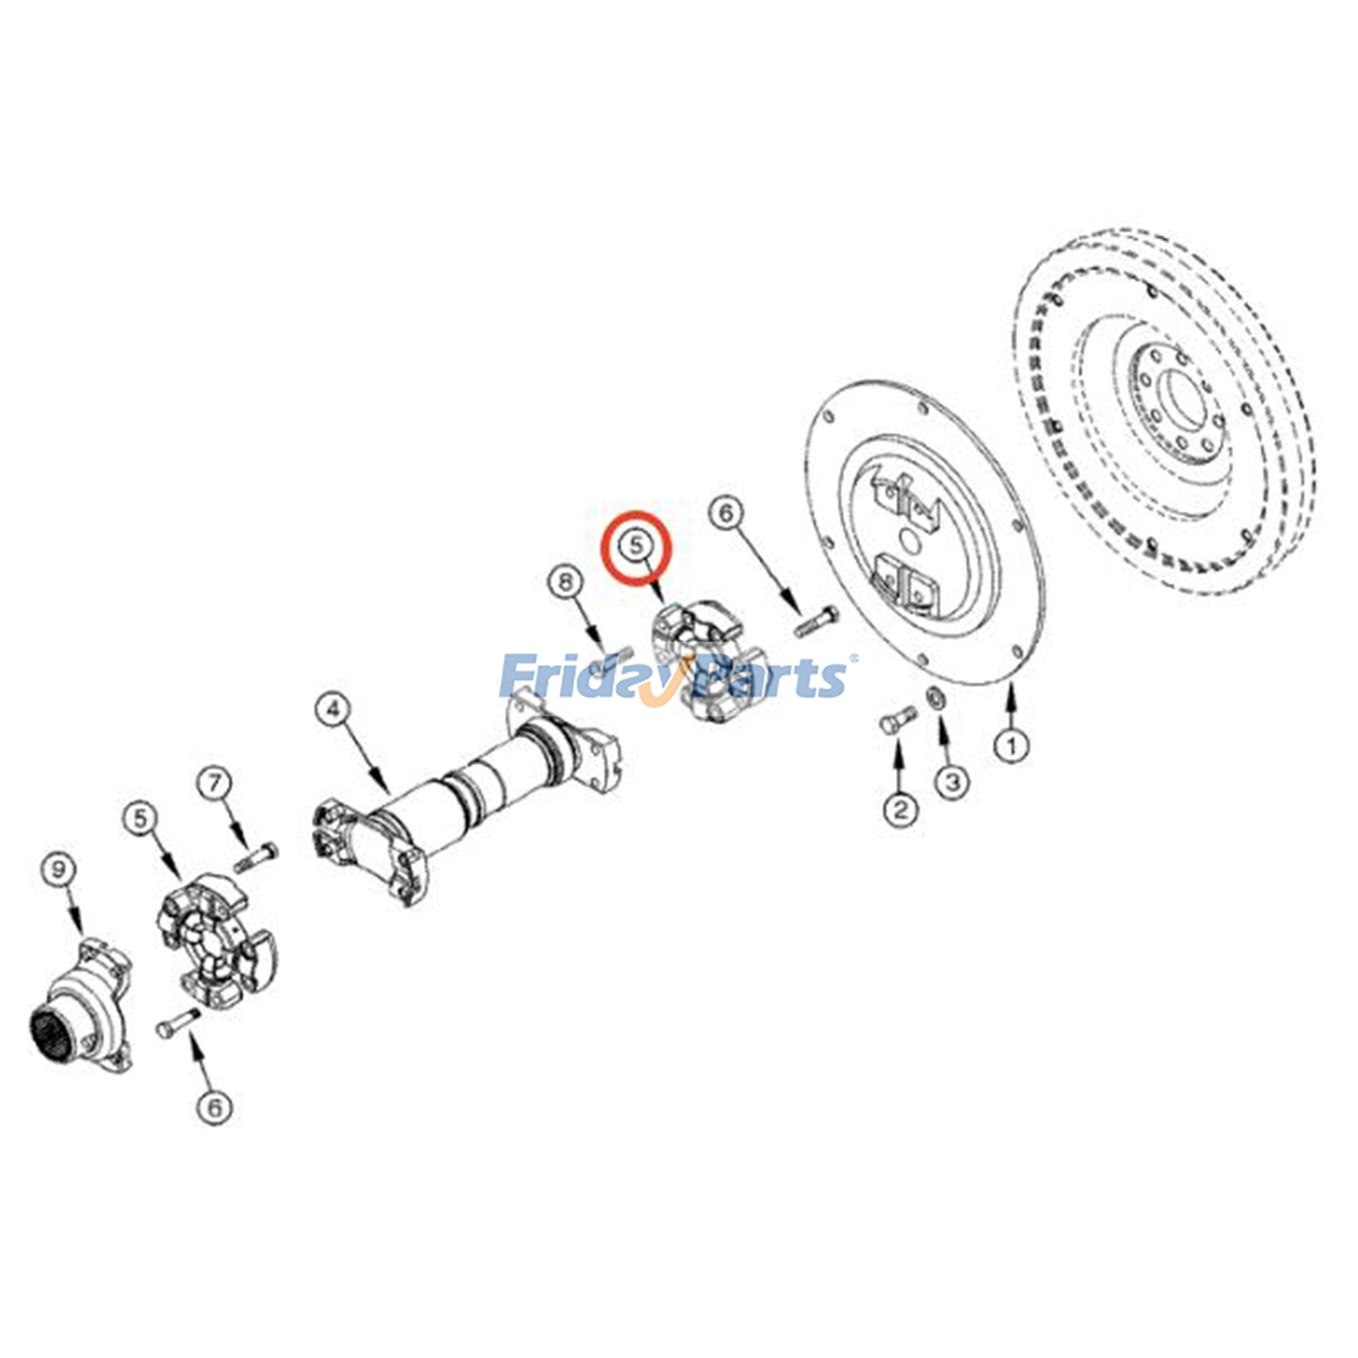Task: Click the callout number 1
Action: click(x=1011, y=746)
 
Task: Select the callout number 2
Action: click(x=901, y=808)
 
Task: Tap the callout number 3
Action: click(x=952, y=781)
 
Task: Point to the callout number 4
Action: click(x=334, y=709)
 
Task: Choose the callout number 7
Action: click(x=215, y=783)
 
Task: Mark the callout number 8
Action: click(x=566, y=582)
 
